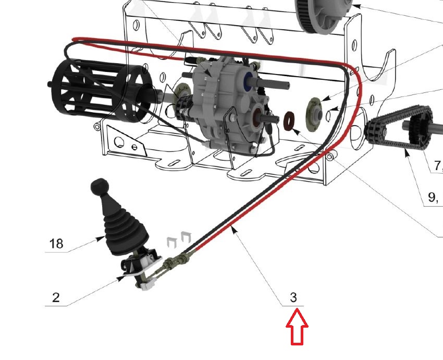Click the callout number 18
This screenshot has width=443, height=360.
[x=56, y=244]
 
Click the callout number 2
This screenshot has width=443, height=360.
[x=56, y=297]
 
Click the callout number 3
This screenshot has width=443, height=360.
[x=293, y=297]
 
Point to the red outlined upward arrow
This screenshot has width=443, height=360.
[x=297, y=327]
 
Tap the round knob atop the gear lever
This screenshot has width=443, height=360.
[x=100, y=186]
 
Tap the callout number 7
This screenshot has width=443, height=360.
[x=437, y=165]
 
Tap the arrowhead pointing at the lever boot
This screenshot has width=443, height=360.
[x=100, y=239]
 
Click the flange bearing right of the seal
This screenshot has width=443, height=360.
[x=314, y=115]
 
